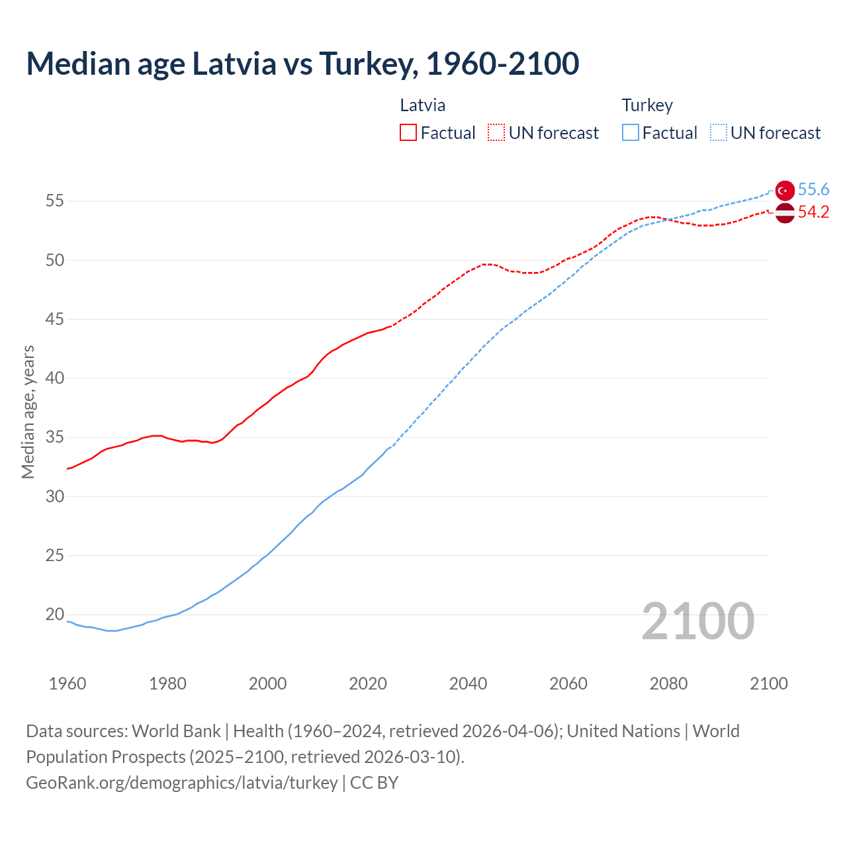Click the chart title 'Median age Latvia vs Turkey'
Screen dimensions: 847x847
[x=302, y=64]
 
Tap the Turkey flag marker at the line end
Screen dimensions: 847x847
[x=784, y=190]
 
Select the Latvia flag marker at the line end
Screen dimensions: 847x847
[x=784, y=213]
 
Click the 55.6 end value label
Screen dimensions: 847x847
[x=813, y=190]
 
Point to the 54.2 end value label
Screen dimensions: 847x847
[x=813, y=212]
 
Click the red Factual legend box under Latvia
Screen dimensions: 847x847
[x=408, y=133]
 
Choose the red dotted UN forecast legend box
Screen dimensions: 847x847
[x=496, y=133]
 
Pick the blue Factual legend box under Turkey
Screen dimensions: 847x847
[x=631, y=133]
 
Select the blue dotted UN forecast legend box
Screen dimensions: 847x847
[x=719, y=133]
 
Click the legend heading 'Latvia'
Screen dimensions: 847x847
[x=422, y=105]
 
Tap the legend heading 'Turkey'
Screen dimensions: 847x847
[x=647, y=105]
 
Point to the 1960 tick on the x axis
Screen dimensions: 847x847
[x=67, y=684]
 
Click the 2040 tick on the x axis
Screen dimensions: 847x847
[x=468, y=684]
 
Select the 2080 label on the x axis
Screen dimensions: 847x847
[x=668, y=684]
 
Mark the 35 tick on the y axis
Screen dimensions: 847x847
[x=55, y=437]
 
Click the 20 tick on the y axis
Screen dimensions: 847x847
[x=55, y=615]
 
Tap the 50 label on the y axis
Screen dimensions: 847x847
[x=55, y=260]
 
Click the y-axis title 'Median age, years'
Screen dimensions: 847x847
[x=28, y=412]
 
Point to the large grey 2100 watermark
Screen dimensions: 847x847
[x=697, y=621]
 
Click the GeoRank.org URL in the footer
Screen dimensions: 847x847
[x=182, y=783]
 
